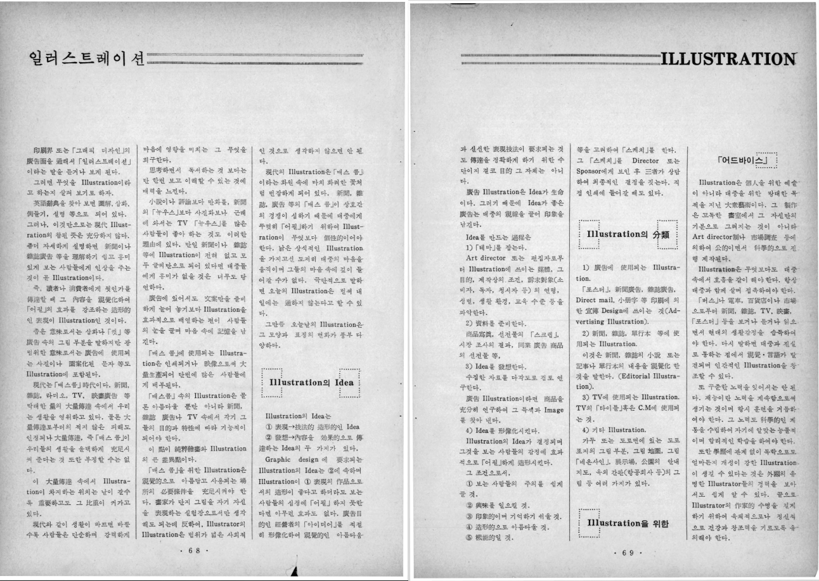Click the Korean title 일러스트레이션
tap(82, 60)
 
